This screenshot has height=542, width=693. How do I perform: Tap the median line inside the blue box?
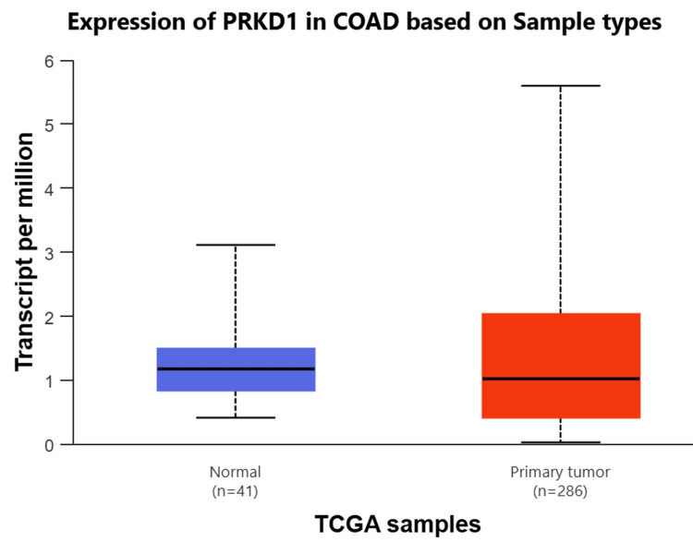[236, 368]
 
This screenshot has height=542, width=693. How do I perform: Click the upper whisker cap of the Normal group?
[236, 245]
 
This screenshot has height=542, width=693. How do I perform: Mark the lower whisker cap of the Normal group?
[236, 417]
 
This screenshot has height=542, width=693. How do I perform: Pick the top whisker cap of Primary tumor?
[561, 85]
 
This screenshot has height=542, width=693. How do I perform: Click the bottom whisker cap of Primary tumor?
[561, 442]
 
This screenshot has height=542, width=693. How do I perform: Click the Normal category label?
[236, 472]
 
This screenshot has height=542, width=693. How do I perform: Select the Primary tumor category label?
[561, 472]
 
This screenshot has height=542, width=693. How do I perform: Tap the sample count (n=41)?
[236, 489]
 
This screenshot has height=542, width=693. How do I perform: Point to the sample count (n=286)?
[561, 489]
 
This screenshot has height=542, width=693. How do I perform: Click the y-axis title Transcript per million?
[25, 252]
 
